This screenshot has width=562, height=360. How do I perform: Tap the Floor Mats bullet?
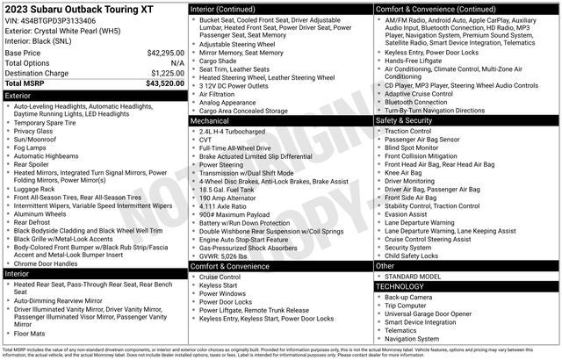coord(30,333)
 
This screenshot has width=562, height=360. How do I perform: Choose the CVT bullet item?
coord(206,139)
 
